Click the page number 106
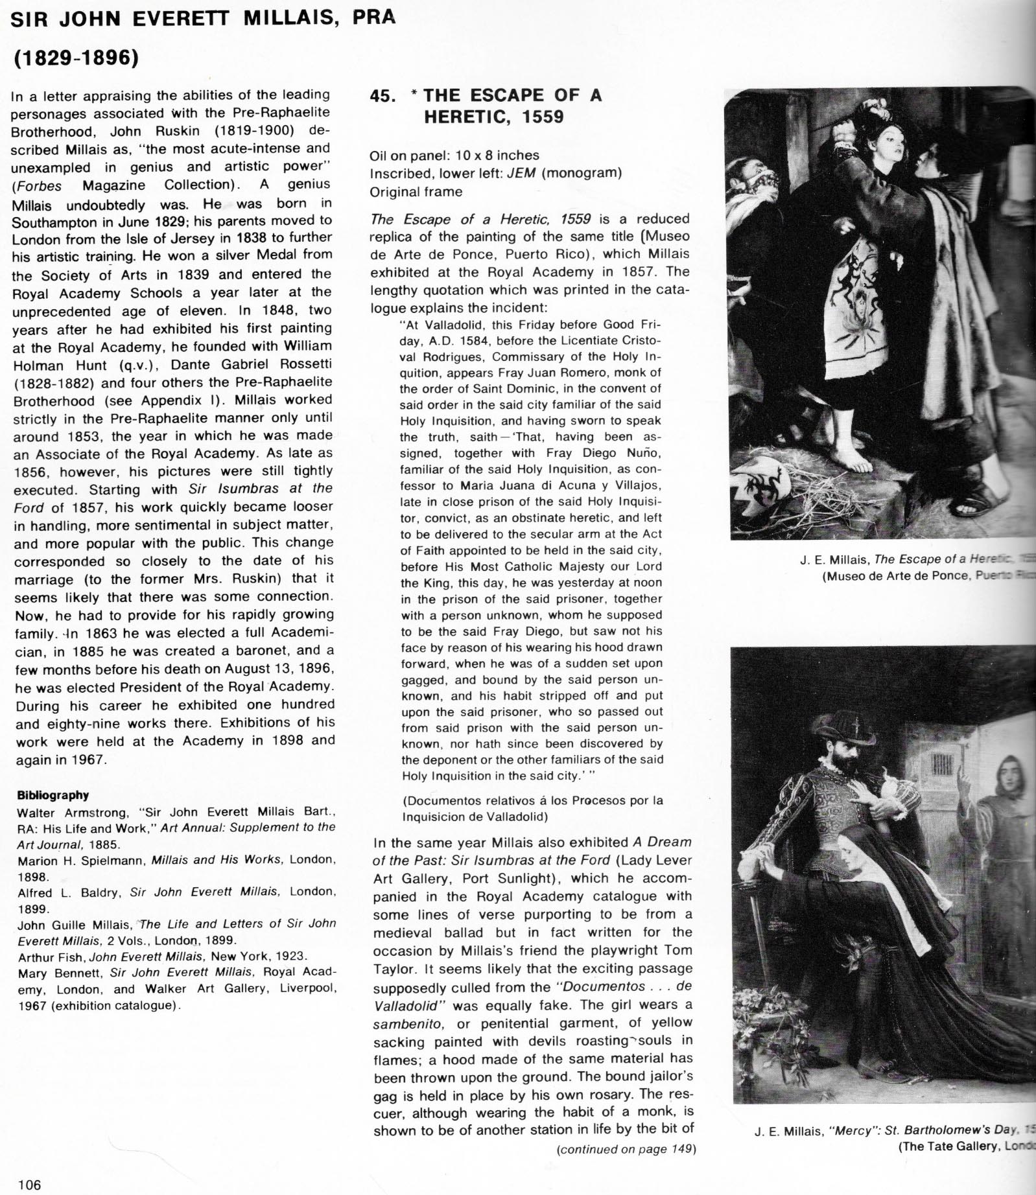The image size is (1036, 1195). click(30, 1185)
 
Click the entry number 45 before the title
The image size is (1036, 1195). click(383, 96)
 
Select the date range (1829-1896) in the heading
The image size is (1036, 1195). click(77, 58)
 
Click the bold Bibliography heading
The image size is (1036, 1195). click(53, 795)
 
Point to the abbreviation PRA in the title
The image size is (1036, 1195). click(373, 17)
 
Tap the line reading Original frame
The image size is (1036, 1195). click(416, 192)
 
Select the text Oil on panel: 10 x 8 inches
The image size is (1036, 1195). click(454, 156)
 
